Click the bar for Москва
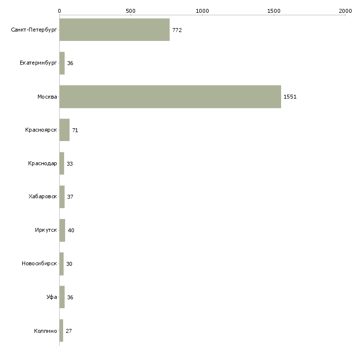pos(170,97)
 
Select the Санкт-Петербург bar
pos(114,30)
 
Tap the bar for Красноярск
pos(65,130)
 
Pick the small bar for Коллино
pos(61,330)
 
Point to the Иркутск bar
pos(62,230)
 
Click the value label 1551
pos(290,97)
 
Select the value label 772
pos(177,30)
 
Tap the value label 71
pos(75,130)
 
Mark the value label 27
pos(69,331)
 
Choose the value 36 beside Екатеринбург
pos(70,63)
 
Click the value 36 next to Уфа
pos(70,297)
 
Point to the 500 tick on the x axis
pos(131,11)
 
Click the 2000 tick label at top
pos(345,11)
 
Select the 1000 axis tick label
pos(202,11)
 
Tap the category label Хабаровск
pos(43,197)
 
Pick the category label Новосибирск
pos(39,263)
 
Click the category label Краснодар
pos(42,163)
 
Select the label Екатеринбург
pos(38,63)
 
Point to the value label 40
pos(71,230)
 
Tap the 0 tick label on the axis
pos(60,11)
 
